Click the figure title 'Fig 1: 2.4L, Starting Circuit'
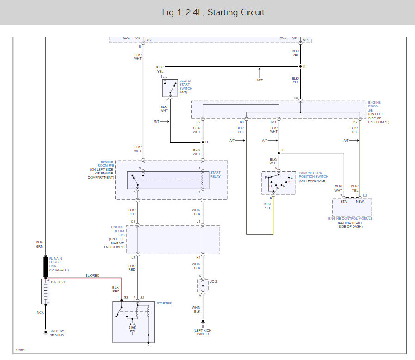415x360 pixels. click(x=213, y=12)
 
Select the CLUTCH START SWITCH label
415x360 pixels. click(x=186, y=87)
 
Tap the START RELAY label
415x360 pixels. click(x=215, y=174)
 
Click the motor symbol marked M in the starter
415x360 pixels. click(x=133, y=327)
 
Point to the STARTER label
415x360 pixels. click(x=164, y=304)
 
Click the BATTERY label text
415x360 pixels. click(x=58, y=282)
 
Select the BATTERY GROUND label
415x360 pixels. click(x=57, y=333)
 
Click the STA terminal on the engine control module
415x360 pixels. click(x=343, y=202)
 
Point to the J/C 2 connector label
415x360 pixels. click(x=213, y=281)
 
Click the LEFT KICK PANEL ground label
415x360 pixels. click(x=202, y=332)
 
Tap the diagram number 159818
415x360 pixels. click(x=21, y=350)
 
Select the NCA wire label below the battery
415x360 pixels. click(x=40, y=312)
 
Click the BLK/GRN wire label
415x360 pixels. click(x=39, y=244)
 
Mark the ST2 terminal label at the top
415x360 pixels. click(x=149, y=40)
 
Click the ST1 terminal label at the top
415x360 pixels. click(x=305, y=40)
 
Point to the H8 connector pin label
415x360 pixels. click(x=296, y=98)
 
